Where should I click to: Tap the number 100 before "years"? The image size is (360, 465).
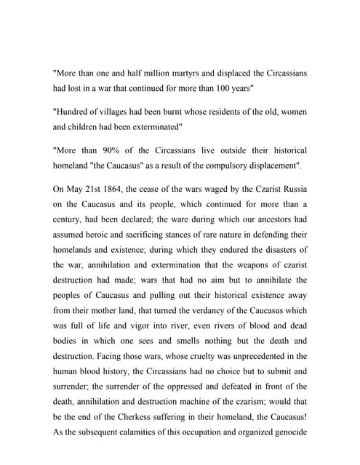pyautogui.click(x=249, y=92)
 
